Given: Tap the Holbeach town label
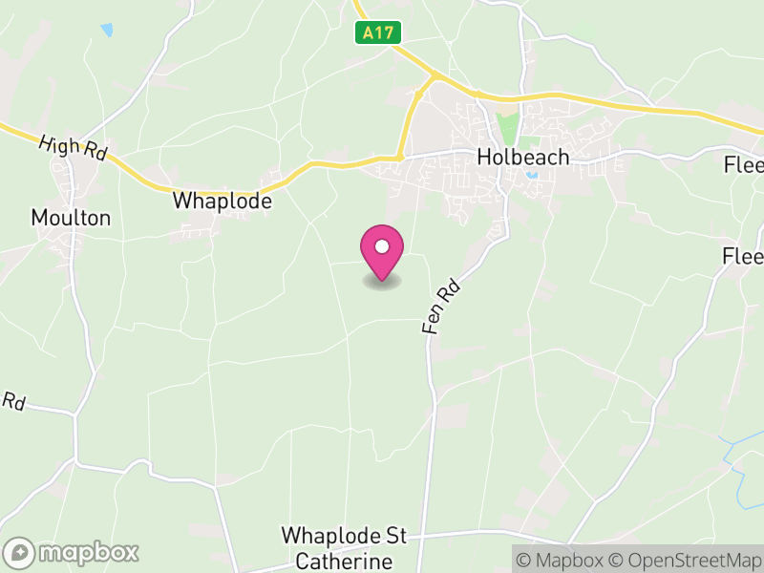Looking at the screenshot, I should coord(523,158).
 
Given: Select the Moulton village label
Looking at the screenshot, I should coord(71,218).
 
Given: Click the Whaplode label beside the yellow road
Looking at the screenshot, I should coord(223,202).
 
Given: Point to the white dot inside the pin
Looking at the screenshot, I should coord(382,246).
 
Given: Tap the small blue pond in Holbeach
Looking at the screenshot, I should coord(531,175).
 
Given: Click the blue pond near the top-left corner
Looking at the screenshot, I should coord(106,31).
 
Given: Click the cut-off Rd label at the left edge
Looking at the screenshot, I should coord(12,401).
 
